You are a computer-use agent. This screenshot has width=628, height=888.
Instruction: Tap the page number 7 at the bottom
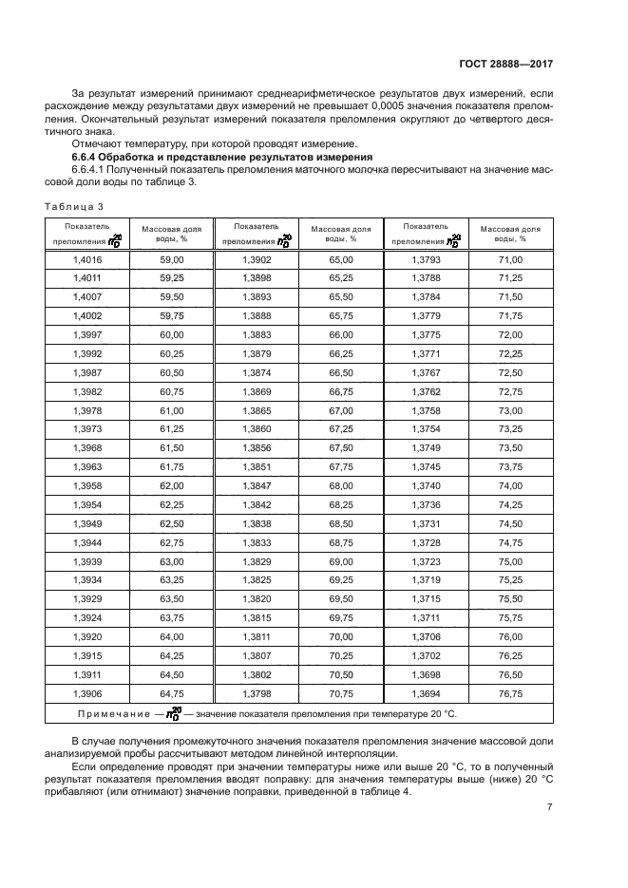point(550,807)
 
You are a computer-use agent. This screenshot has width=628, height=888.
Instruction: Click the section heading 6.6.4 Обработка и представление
point(222,156)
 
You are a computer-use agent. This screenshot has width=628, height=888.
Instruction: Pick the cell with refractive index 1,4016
point(86,259)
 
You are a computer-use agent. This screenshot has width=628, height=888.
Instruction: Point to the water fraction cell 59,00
point(171,259)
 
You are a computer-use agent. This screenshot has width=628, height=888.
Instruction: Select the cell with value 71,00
point(510,259)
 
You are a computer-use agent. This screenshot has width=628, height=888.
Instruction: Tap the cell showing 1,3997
point(86,335)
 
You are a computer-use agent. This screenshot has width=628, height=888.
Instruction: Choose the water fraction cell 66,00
point(341,335)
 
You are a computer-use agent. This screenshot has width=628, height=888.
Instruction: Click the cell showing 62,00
point(171,485)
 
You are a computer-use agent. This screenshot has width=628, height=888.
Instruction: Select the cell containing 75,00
point(510,561)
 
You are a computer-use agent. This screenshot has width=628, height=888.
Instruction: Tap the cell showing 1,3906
point(86,693)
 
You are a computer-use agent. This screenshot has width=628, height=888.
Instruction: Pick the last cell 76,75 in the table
point(510,693)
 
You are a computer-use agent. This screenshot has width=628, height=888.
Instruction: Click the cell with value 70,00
point(341,637)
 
